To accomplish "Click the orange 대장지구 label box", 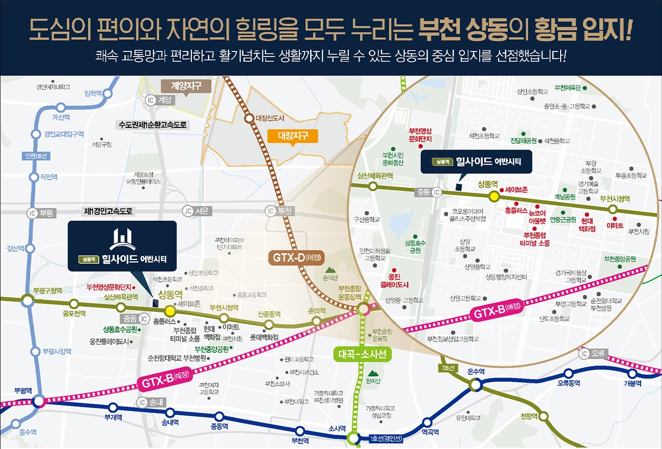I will [x=292, y=136].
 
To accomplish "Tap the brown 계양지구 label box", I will [x=185, y=86].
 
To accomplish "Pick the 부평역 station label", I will [x=23, y=390].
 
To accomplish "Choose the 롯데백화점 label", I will [x=264, y=337].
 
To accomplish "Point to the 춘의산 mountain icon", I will [x=330, y=270].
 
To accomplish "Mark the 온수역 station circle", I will [x=476, y=384].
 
